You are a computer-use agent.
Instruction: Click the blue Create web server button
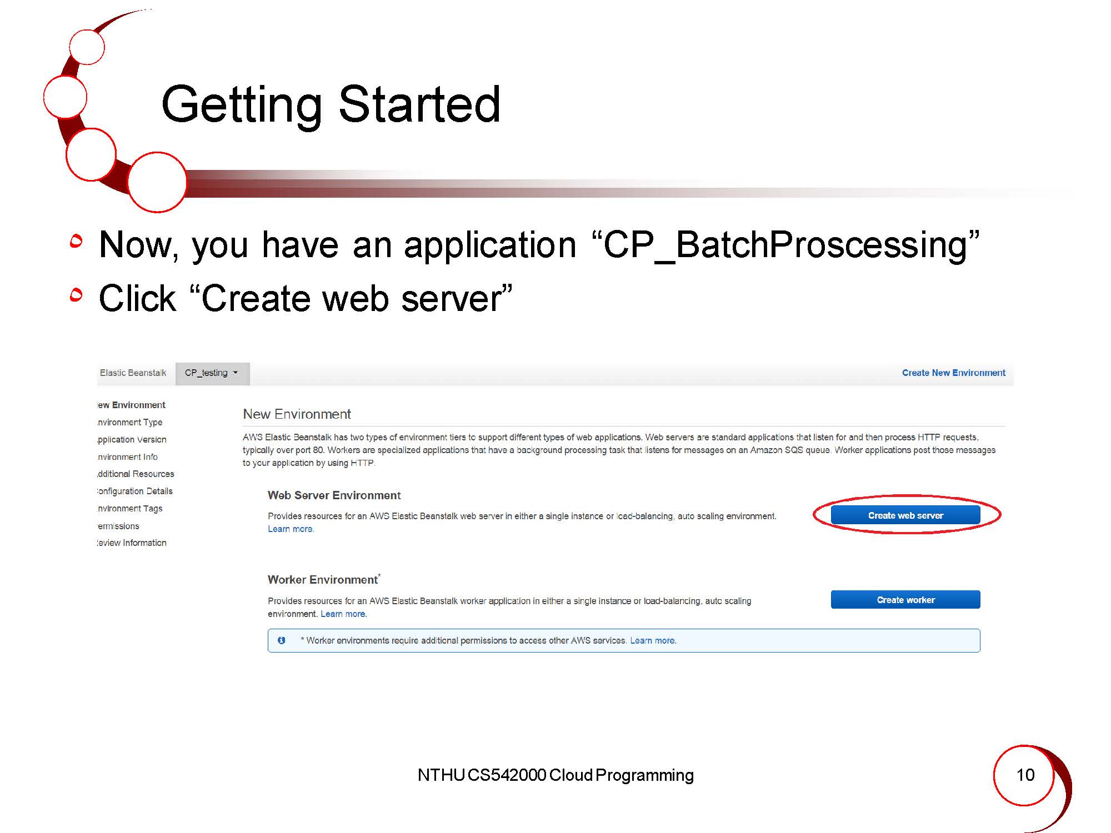(x=905, y=515)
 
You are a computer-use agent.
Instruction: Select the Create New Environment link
(x=953, y=373)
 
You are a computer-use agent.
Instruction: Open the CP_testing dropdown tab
(x=212, y=373)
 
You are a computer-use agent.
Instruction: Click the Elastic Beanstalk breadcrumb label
(x=133, y=373)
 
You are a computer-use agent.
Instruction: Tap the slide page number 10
(x=1025, y=775)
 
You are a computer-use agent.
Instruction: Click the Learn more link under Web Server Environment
(x=291, y=529)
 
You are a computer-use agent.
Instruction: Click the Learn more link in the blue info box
(x=653, y=640)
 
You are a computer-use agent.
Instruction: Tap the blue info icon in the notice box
(x=282, y=640)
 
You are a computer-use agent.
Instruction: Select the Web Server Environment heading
(x=334, y=495)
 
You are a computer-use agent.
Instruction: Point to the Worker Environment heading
(x=323, y=579)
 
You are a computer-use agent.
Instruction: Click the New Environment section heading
(x=297, y=414)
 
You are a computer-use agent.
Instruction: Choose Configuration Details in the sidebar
(x=134, y=491)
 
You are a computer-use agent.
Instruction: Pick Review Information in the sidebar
(x=132, y=543)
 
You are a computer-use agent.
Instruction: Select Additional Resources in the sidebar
(x=136, y=474)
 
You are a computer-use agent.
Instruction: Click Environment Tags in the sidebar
(x=129, y=508)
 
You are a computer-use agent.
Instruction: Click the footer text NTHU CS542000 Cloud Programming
(x=555, y=775)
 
